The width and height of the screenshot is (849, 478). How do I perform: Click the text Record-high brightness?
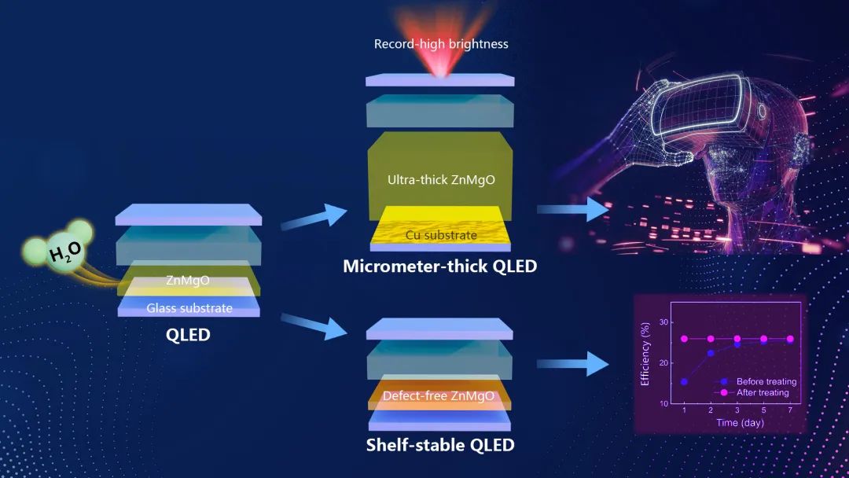(x=441, y=44)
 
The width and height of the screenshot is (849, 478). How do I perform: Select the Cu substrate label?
(x=441, y=234)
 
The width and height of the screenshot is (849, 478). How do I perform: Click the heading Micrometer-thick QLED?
(x=440, y=267)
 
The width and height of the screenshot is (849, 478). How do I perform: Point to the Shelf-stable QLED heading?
(x=440, y=446)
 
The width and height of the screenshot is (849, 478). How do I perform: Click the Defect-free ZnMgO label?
(x=438, y=395)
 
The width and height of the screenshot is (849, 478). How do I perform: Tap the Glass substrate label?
(x=189, y=307)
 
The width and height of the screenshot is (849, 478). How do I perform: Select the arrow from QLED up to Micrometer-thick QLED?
(x=313, y=217)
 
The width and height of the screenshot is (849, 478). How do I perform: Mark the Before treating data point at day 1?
(x=684, y=381)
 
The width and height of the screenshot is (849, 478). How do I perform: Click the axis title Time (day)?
(x=739, y=423)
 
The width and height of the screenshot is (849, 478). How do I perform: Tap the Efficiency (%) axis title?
(x=645, y=354)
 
